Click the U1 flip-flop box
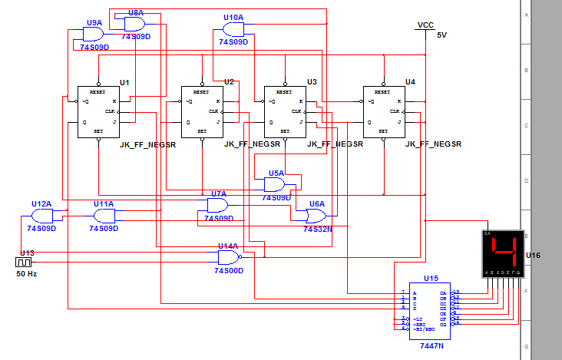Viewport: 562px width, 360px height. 98,111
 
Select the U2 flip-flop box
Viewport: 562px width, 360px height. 201,111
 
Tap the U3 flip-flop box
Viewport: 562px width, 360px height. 284,111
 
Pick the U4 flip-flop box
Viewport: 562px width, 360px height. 383,111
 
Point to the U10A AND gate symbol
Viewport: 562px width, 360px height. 233,29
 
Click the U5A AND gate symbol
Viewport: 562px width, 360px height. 275,184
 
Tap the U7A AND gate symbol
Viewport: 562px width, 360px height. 217,205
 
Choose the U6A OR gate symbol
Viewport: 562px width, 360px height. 315,216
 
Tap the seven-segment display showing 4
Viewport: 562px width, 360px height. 502,254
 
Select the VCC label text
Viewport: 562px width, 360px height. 426,25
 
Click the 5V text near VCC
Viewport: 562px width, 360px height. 441,35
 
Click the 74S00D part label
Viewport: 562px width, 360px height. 230,270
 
